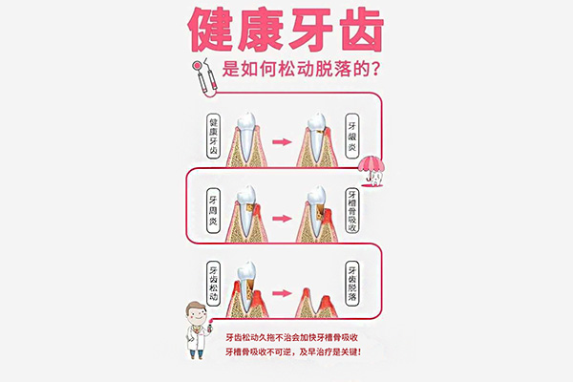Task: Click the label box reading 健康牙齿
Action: click(x=213, y=139)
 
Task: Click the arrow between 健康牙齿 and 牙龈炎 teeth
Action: click(x=282, y=140)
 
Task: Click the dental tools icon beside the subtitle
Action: click(x=202, y=75)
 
